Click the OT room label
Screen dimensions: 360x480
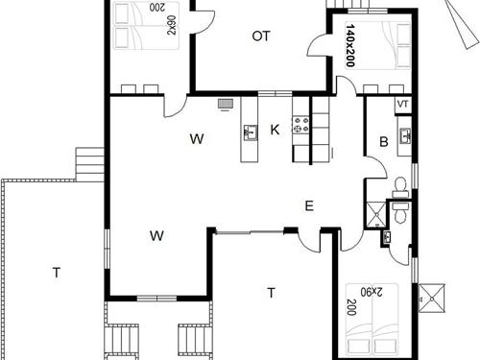click(260, 36)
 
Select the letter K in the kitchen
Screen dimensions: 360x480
click(275, 130)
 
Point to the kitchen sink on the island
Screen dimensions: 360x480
click(252, 132)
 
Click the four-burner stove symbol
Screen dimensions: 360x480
click(300, 123)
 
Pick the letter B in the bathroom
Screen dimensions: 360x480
click(383, 142)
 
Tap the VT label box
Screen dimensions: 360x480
click(402, 103)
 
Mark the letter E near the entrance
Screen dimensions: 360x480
click(308, 205)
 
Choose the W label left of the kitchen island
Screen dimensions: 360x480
click(197, 139)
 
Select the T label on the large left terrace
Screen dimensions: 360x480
click(57, 274)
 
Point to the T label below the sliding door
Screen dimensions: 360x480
click(272, 292)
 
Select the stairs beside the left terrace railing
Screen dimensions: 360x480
click(88, 163)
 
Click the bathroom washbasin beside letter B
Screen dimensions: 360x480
click(405, 134)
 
